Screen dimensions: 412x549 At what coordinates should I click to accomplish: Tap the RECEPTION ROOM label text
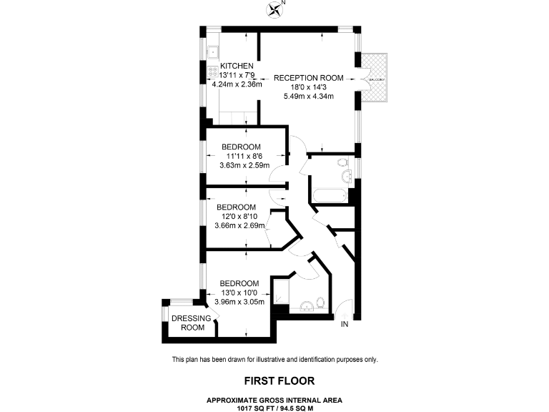click(308, 78)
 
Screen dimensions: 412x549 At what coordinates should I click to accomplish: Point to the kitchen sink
click(213, 51)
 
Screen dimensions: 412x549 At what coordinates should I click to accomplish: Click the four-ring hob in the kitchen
click(213, 72)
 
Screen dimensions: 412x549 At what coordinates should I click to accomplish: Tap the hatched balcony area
click(375, 78)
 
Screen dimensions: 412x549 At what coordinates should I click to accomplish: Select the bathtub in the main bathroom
click(328, 195)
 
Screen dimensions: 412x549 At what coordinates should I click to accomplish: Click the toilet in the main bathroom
click(346, 176)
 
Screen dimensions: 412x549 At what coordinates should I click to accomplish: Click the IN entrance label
click(344, 325)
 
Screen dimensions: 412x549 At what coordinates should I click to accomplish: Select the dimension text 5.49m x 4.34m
click(308, 96)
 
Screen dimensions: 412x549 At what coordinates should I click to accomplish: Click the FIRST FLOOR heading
click(274, 381)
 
